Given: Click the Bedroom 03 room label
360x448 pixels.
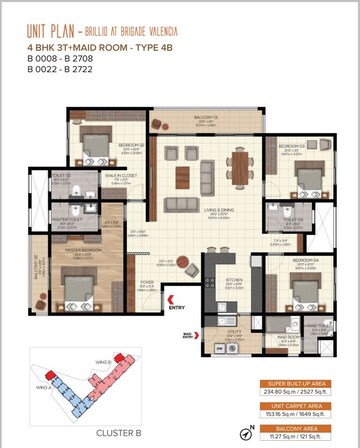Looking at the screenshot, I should pyautogui.click(x=290, y=146).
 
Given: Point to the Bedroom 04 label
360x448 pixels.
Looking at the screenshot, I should pyautogui.click(x=305, y=259).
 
